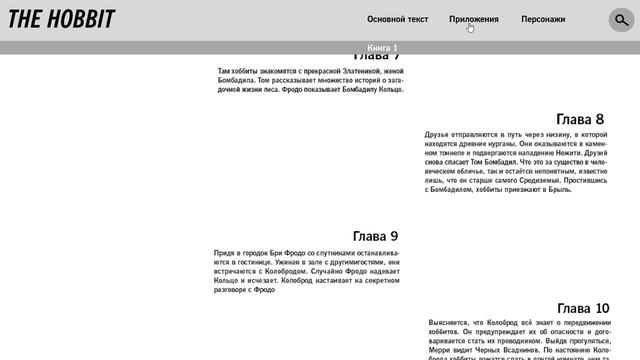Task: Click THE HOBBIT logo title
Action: pyautogui.click(x=61, y=18)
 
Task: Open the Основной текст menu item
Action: pyautogui.click(x=397, y=19)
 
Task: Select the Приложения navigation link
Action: pyautogui.click(x=474, y=19)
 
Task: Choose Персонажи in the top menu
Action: pyautogui.click(x=543, y=19)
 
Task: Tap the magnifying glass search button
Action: pyautogui.click(x=621, y=19)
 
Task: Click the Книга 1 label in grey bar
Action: pyautogui.click(x=382, y=48)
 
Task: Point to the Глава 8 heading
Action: pyautogui.click(x=580, y=119)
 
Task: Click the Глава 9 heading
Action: pyautogui.click(x=375, y=236)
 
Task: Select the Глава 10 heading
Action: pyautogui.click(x=583, y=308)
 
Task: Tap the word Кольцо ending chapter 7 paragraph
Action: pyautogui.click(x=387, y=89)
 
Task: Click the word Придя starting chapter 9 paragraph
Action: pyautogui.click(x=224, y=254)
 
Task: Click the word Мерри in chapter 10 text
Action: pyautogui.click(x=441, y=351)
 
